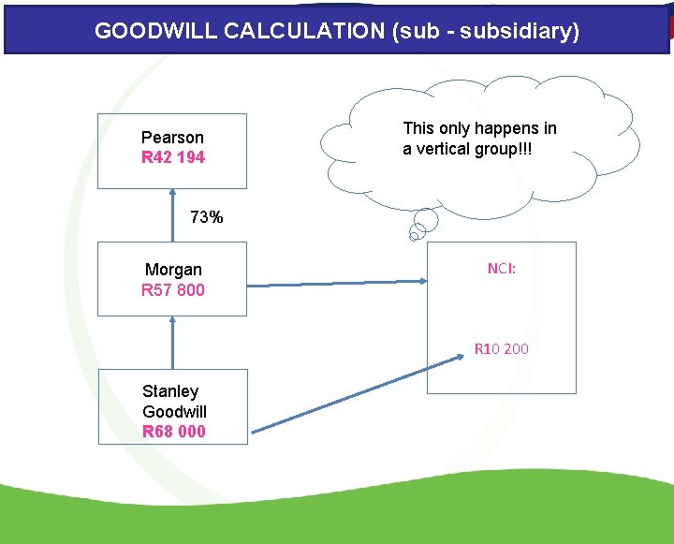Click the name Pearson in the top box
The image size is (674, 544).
click(x=172, y=138)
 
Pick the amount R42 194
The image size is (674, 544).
click(x=172, y=157)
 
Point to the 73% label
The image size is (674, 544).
click(x=206, y=217)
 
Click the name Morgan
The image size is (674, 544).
click(x=173, y=270)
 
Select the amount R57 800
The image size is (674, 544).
click(x=172, y=290)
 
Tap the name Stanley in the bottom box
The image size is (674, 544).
click(x=170, y=391)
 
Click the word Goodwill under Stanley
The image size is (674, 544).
click(x=175, y=412)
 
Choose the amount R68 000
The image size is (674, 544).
click(x=174, y=432)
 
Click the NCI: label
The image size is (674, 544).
click(x=502, y=269)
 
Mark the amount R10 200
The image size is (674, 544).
click(x=501, y=349)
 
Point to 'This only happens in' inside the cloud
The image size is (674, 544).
click(x=479, y=128)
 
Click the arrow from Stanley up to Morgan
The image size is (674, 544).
click(x=172, y=342)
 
